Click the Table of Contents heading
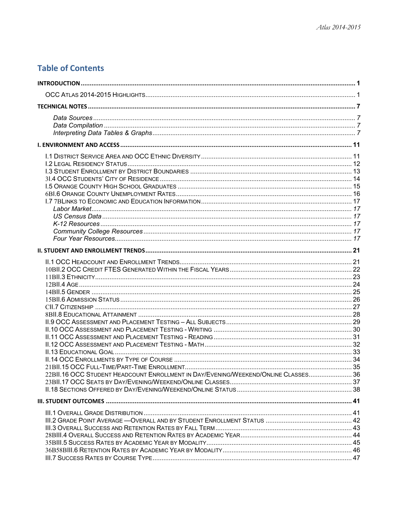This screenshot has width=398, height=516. pyautogui.click(x=71, y=68)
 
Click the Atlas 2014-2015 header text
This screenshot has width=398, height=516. pyautogui.click(x=338, y=27)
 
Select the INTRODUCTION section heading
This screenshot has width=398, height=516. pyautogui.click(x=59, y=83)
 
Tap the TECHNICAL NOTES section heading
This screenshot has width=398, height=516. pyautogui.click(x=62, y=107)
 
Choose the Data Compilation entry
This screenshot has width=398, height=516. pyautogui.click(x=78, y=125)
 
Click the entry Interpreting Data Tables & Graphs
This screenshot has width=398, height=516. pyautogui.click(x=102, y=133)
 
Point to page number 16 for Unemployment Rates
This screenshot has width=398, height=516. pyautogui.click(x=356, y=194)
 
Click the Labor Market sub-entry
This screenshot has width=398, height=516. pyautogui.click(x=72, y=209)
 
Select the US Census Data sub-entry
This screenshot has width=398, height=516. pyautogui.click(x=77, y=216)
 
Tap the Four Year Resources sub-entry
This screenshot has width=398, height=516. pyautogui.click(x=84, y=238)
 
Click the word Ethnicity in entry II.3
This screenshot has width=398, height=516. pyautogui.click(x=81, y=277)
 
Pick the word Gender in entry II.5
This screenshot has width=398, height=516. pyautogui.click(x=78, y=292)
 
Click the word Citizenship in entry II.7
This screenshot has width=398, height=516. pyautogui.click(x=76, y=307)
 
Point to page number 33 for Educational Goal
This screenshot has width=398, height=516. pyautogui.click(x=356, y=352)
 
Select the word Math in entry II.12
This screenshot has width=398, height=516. pyautogui.click(x=196, y=344)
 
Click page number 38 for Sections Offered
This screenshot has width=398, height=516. pyautogui.click(x=356, y=389)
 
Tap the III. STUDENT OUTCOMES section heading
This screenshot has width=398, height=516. pyautogui.click(x=71, y=401)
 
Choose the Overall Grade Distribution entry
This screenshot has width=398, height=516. pyautogui.click(x=94, y=413)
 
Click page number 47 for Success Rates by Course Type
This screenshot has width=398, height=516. pyautogui.click(x=356, y=458)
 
